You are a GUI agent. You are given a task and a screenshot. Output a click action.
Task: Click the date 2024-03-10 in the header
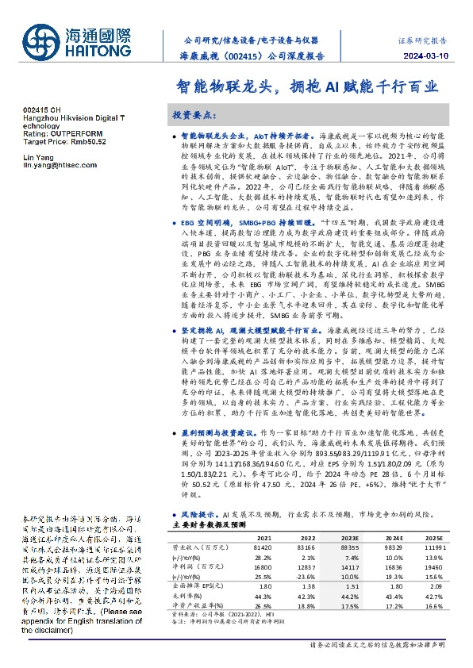[434, 57]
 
